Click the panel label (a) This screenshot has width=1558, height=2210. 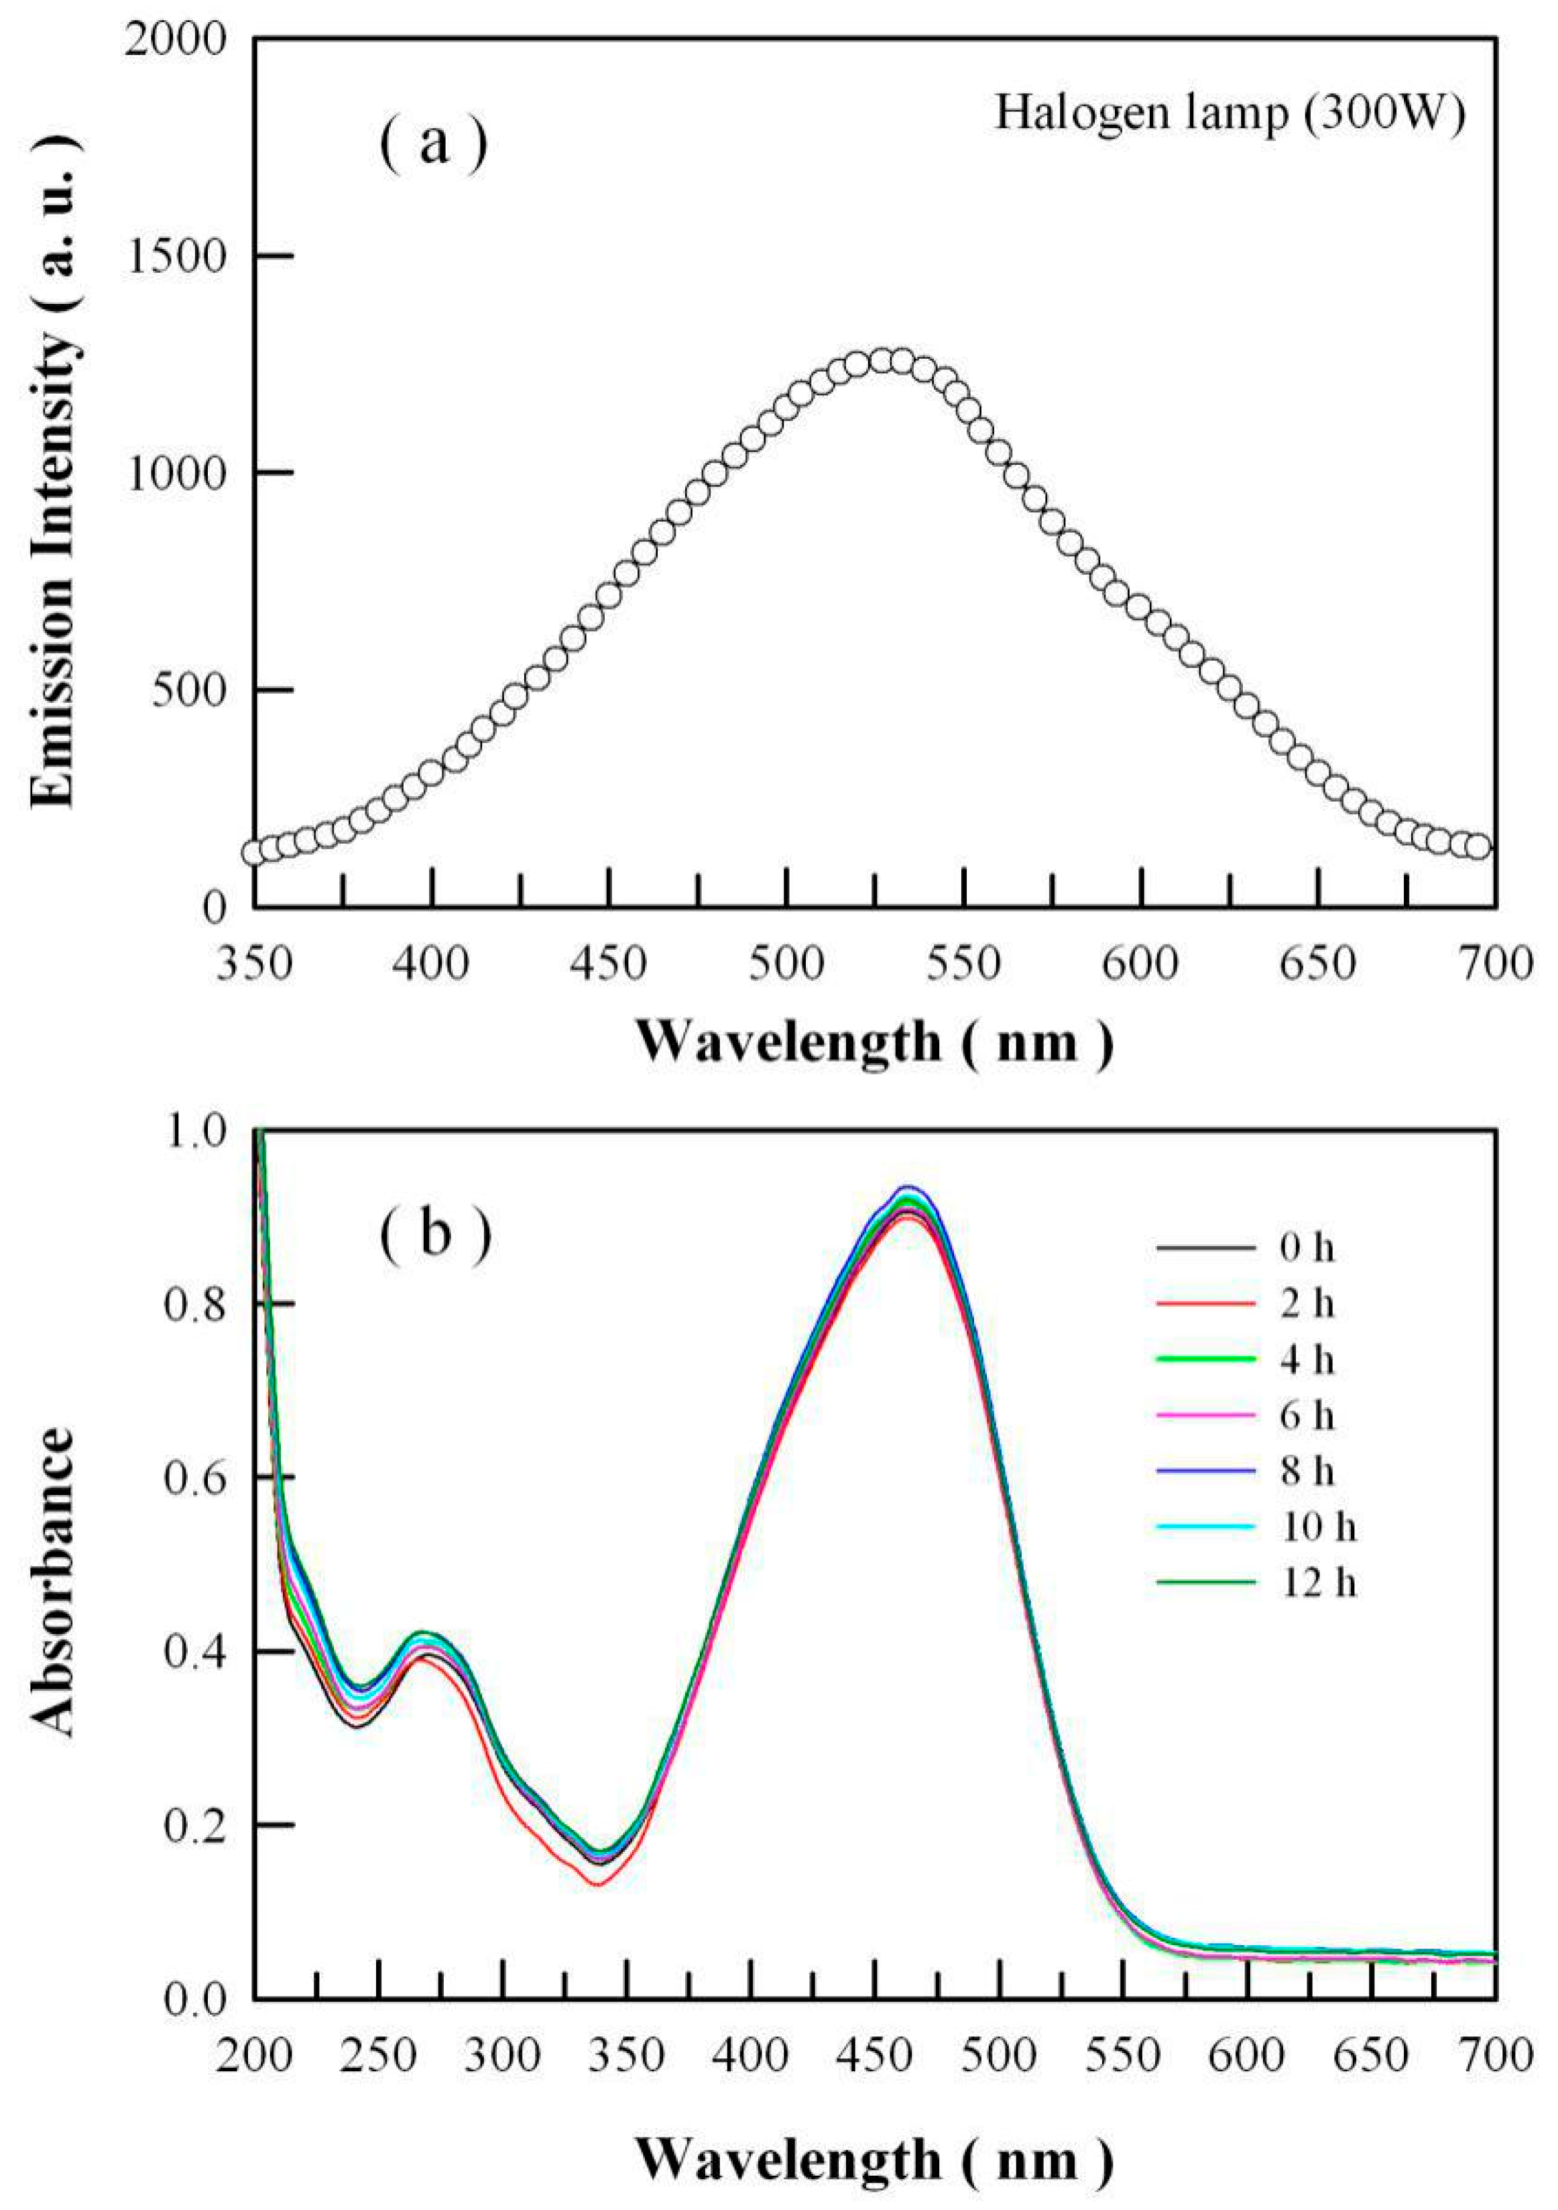pos(433,144)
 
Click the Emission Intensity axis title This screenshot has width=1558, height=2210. pos(54,472)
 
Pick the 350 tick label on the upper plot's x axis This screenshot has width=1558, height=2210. pos(254,962)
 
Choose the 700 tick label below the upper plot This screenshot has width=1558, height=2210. pos(1492,962)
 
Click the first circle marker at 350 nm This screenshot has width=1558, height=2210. pos(254,852)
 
